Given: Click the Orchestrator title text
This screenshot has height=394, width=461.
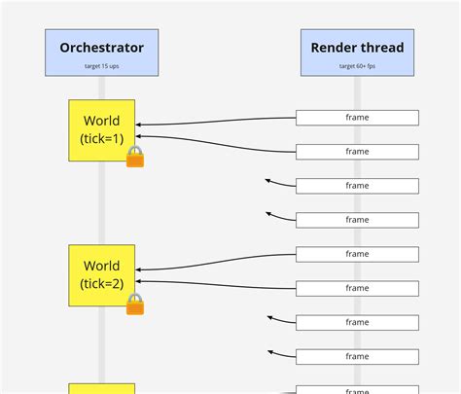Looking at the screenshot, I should click(101, 47).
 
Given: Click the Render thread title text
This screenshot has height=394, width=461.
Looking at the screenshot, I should click(357, 47).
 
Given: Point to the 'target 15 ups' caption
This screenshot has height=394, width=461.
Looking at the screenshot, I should click(101, 67).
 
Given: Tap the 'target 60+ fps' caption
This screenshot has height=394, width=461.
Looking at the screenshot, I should click(357, 67).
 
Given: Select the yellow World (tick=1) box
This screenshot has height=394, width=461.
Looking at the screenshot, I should click(101, 130).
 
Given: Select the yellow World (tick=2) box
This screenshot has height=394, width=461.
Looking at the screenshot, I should click(101, 274).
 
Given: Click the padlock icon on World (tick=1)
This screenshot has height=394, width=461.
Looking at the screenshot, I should click(135, 157).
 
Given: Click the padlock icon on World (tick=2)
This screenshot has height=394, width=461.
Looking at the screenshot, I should click(135, 304).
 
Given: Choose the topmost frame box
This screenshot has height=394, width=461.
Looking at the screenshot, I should click(357, 118).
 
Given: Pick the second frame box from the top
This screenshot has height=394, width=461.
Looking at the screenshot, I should click(357, 152).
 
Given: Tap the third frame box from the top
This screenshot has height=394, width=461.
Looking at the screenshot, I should click(357, 186).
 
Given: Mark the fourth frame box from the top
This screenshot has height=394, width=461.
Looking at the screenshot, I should click(357, 220).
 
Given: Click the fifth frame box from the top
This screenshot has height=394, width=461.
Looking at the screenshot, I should click(357, 254).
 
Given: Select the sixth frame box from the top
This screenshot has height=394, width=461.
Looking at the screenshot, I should click(357, 288).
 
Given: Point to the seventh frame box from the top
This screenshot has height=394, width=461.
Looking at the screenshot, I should click(357, 322).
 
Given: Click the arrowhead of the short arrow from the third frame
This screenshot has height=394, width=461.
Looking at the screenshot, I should click(268, 180).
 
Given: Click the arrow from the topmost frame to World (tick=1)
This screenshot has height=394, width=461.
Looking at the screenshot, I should click(214, 123).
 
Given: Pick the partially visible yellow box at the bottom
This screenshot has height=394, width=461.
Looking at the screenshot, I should click(101, 388).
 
